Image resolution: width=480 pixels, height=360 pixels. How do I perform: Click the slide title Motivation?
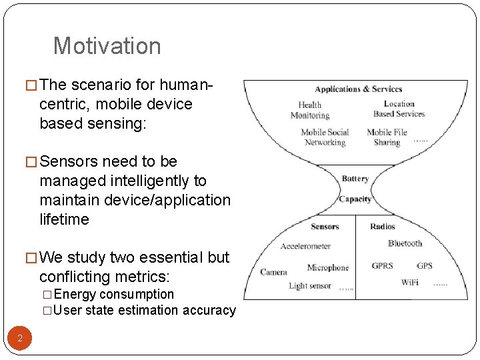click(x=107, y=46)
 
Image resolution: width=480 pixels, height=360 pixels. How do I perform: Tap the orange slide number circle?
click(x=20, y=338)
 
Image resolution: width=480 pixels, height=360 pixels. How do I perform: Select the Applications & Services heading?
click(x=358, y=89)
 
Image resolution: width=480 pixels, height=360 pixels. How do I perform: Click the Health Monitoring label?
click(x=309, y=110)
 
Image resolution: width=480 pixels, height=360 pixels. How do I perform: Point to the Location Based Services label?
click(x=399, y=109)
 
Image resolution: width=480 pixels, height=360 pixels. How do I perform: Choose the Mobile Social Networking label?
click(x=325, y=137)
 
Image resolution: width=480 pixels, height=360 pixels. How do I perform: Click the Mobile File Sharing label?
click(x=387, y=137)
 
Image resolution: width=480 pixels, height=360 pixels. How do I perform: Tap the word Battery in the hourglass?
click(x=355, y=179)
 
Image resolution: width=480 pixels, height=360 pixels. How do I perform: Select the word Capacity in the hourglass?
click(x=355, y=199)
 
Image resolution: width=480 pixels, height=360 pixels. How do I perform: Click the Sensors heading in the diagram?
click(x=325, y=227)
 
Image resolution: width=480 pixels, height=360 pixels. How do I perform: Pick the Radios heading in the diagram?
click(x=382, y=227)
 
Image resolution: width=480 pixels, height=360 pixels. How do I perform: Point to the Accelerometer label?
click(x=305, y=246)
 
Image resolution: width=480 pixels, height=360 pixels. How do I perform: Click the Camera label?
click(x=273, y=272)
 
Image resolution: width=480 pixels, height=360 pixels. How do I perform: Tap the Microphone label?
click(x=327, y=268)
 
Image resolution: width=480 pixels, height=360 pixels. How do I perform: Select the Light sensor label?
click(x=309, y=286)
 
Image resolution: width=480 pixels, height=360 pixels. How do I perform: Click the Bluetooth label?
click(x=405, y=243)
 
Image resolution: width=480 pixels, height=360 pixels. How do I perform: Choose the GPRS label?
click(x=382, y=266)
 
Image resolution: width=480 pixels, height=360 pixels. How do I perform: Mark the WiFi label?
click(x=409, y=283)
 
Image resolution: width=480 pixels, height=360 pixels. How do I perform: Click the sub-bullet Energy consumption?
click(x=113, y=295)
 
